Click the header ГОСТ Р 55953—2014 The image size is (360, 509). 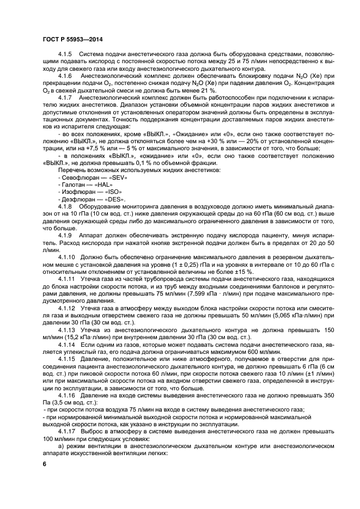coord(72,40)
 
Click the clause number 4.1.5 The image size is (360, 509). coord(65,55)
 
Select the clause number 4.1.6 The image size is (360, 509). coord(65,76)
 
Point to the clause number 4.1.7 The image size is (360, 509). coord(65,97)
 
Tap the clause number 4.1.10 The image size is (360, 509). coord(67,256)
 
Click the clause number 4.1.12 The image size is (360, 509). coord(67,308)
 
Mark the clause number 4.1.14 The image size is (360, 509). coord(67,346)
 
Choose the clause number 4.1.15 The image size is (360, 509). coord(67,360)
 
